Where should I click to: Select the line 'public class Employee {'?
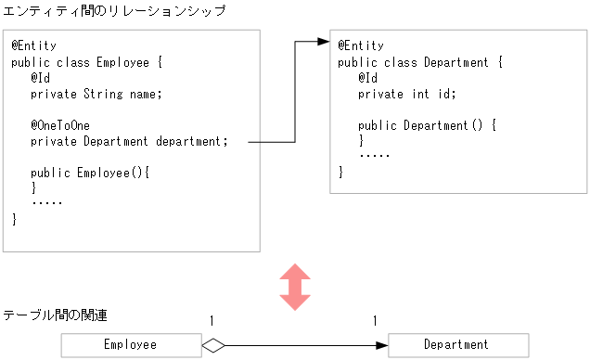[86, 62]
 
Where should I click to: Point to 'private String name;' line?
[96, 94]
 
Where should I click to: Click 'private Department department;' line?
[129, 141]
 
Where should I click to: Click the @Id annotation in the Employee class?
[40, 78]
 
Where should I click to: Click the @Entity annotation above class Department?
[360, 45]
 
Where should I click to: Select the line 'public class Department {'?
[420, 62]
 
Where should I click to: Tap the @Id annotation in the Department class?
[367, 78]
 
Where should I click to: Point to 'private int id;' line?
[407, 94]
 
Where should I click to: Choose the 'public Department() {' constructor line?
[428, 125]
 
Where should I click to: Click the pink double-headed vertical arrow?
[295, 287]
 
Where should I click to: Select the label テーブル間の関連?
[55, 315]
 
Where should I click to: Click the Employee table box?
[131, 345]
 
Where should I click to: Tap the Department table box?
[456, 345]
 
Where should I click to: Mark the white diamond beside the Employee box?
[213, 345]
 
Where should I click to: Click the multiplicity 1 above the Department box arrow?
[375, 321]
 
